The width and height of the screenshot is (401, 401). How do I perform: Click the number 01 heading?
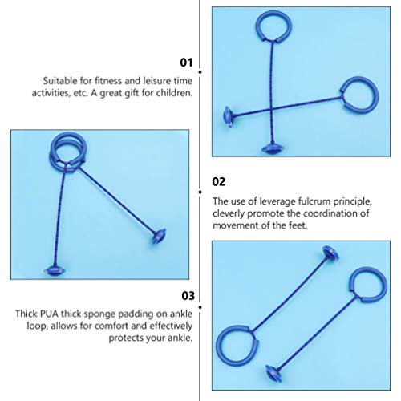point(185,61)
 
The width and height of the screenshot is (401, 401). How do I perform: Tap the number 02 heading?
point(217,182)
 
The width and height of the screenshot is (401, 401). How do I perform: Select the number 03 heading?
point(185,294)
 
